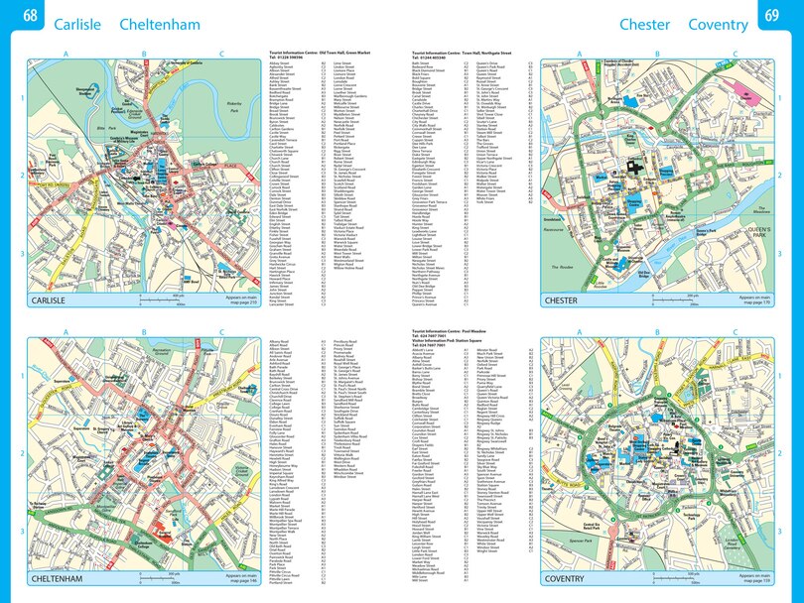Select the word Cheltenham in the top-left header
[159, 23]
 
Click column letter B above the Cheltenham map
[144, 333]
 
